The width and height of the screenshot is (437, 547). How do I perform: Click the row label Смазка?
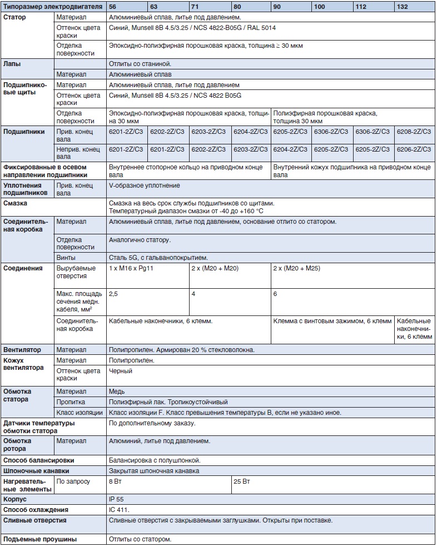pyautogui.click(x=16, y=203)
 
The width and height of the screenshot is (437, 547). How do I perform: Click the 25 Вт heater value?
pyautogui.click(x=242, y=481)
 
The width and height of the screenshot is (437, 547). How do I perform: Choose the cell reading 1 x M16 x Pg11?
pyautogui.click(x=132, y=268)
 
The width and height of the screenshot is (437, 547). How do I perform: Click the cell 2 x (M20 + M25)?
pyautogui.click(x=296, y=268)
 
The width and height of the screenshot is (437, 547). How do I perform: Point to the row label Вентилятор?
pyautogui.click(x=22, y=350)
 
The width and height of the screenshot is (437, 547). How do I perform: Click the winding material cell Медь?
pyautogui.click(x=117, y=392)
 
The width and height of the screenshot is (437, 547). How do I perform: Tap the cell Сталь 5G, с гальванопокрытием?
pyautogui.click(x=158, y=258)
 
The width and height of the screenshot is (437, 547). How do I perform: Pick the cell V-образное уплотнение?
pyautogui.click(x=145, y=185)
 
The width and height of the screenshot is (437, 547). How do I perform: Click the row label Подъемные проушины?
pyautogui.click(x=40, y=539)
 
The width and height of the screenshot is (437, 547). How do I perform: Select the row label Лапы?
pyautogui.click(x=12, y=64)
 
